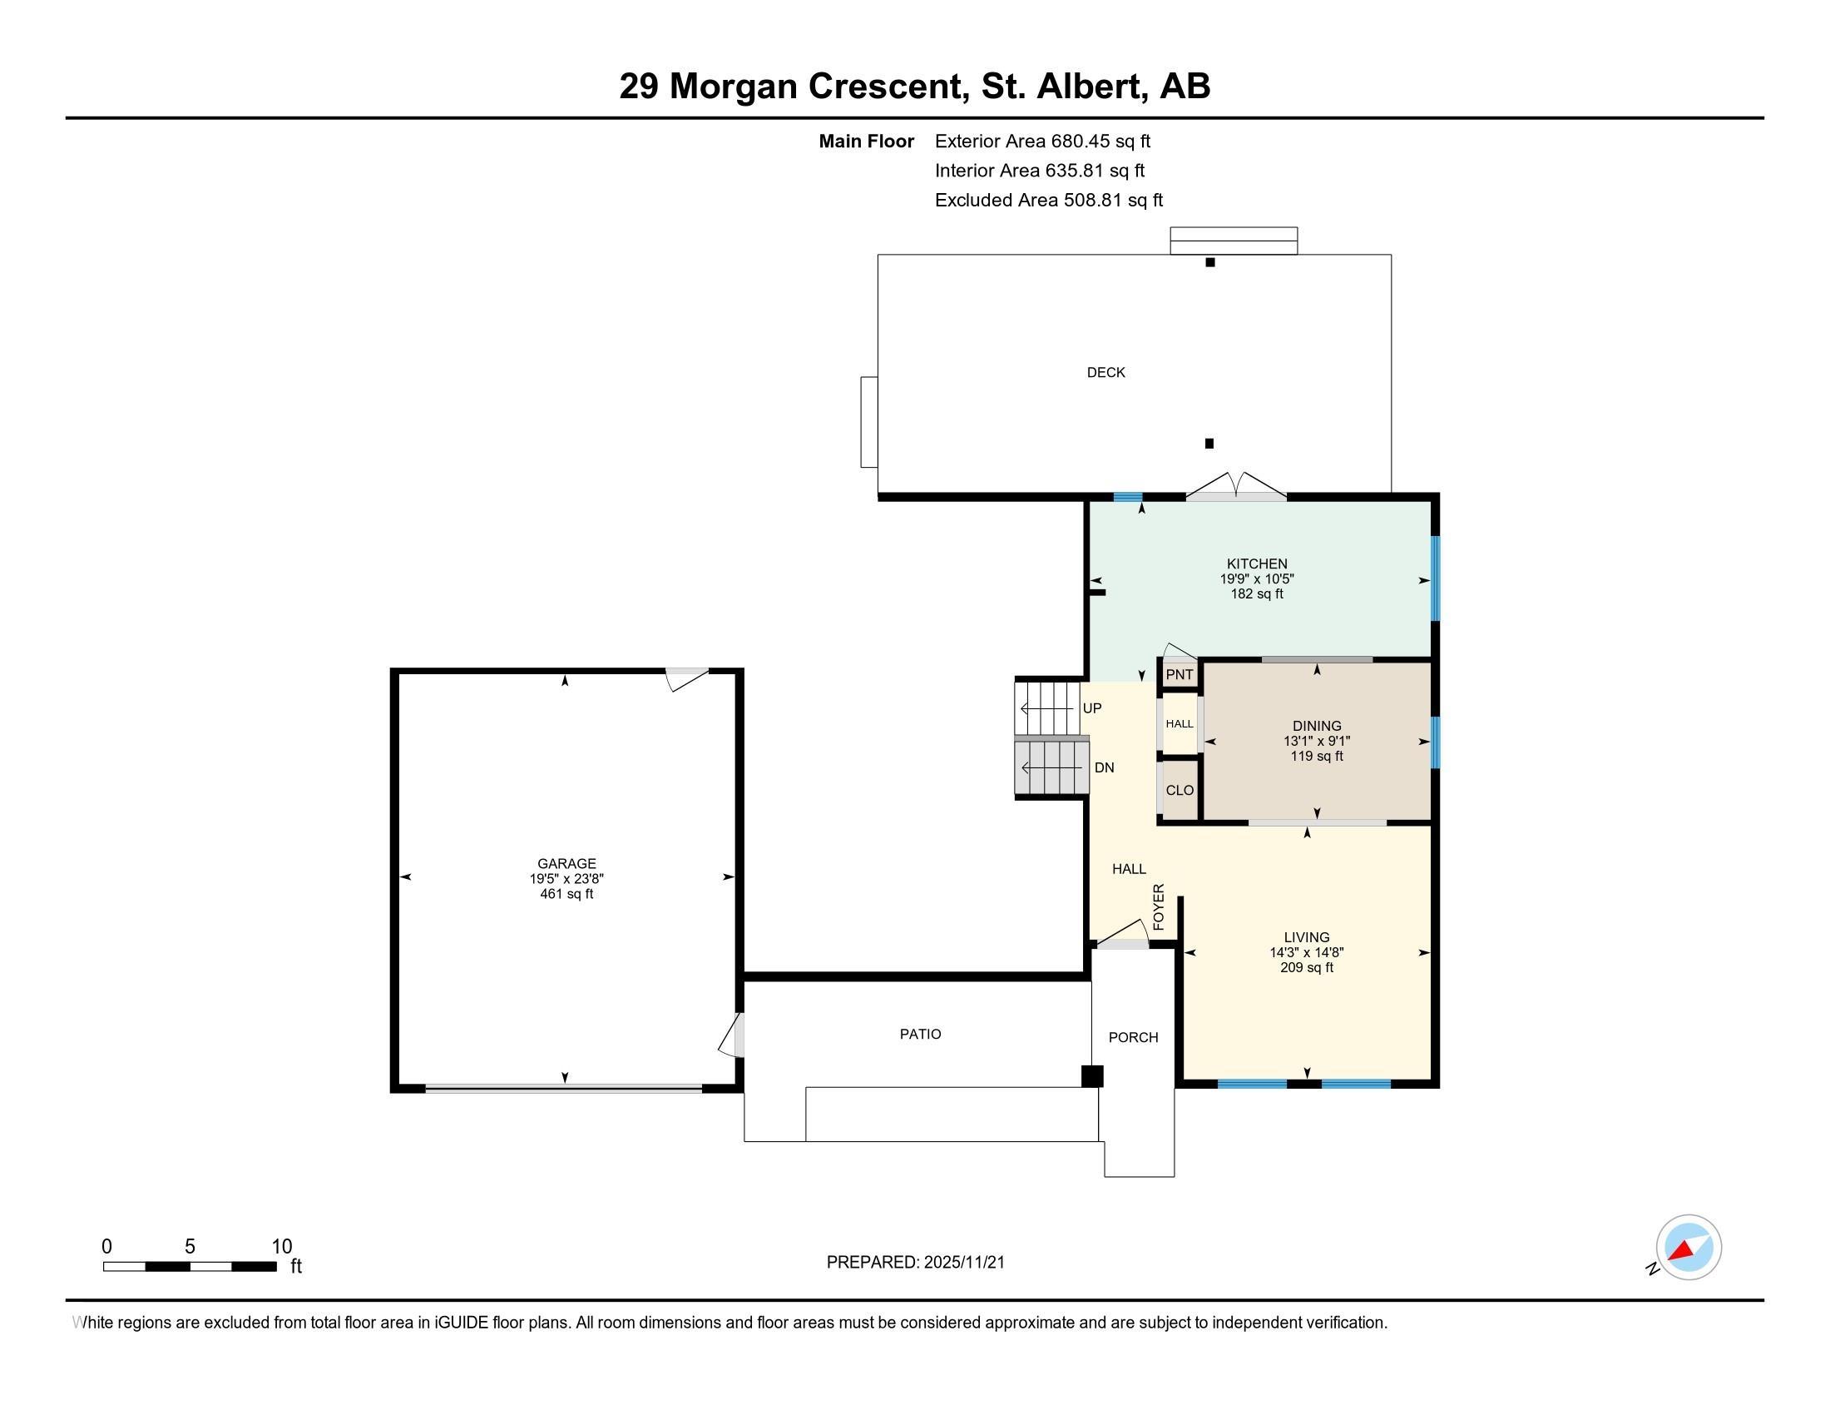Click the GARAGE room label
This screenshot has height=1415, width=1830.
coord(566,863)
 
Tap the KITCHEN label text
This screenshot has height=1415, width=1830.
coord(1257,564)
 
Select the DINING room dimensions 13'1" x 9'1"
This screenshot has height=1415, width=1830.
coord(1317,741)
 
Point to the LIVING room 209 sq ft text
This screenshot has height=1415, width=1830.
coord(1306,967)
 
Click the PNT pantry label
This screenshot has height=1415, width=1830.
coord(1179,675)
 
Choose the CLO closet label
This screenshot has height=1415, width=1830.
coord(1179,791)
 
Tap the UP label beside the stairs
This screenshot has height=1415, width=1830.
coord(1092,708)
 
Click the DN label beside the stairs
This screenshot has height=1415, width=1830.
coord(1105,768)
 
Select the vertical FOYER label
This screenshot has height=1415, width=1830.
coord(1159,907)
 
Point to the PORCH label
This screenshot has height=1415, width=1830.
coord(1133,1038)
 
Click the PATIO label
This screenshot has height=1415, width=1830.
coord(920,1035)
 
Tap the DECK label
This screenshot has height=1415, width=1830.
coord(1105,372)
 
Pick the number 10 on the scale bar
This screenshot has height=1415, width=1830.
coord(281,1247)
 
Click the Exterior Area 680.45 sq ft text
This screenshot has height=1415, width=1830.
coord(1042,141)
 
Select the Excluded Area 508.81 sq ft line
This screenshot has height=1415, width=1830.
coord(1049,201)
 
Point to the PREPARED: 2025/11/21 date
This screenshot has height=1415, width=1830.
coord(915,1263)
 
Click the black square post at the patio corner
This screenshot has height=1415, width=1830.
coord(1092,1075)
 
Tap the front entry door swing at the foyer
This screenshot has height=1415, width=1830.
coord(1123,934)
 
